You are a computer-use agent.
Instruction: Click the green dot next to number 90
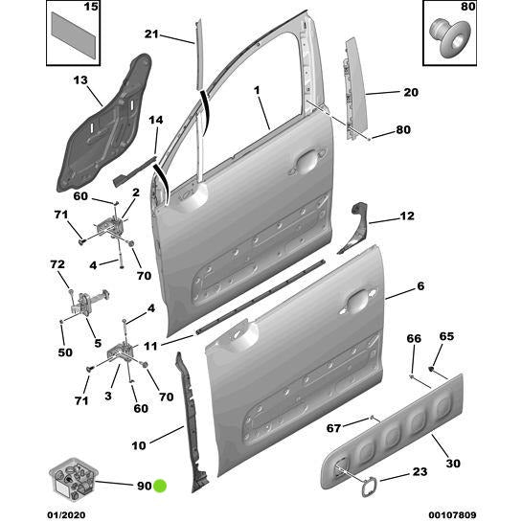tap(161, 486)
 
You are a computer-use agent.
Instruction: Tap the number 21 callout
tap(150, 35)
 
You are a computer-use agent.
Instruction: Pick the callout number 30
tap(453, 464)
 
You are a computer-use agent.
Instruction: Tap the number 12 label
tap(407, 216)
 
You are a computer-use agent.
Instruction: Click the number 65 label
tap(446, 336)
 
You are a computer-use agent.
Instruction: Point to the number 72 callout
tap(57, 263)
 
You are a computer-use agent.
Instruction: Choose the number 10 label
tap(139, 444)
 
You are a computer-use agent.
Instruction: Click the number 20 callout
tap(410, 93)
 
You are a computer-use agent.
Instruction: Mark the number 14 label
tap(156, 120)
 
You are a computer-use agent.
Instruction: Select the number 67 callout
tap(333, 428)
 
